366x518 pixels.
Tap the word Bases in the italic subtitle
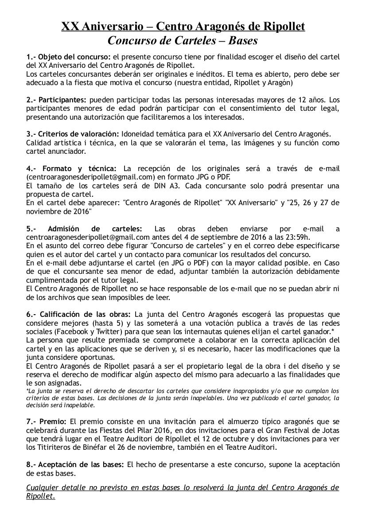pos(243,41)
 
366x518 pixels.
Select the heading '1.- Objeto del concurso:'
pos(69,57)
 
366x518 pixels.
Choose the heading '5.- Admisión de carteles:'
pos(84,229)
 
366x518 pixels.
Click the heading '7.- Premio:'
pos(47,421)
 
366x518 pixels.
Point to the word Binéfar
pos(101,447)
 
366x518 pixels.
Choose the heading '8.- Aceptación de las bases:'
pos(75,464)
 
